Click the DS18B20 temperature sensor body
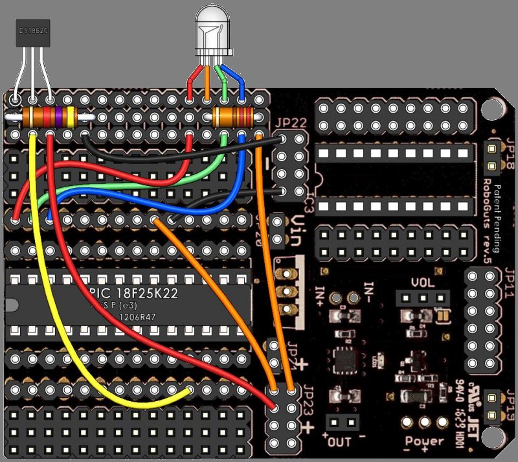tap(33, 31)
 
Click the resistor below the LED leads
tap(234, 117)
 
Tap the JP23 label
tap(289, 376)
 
